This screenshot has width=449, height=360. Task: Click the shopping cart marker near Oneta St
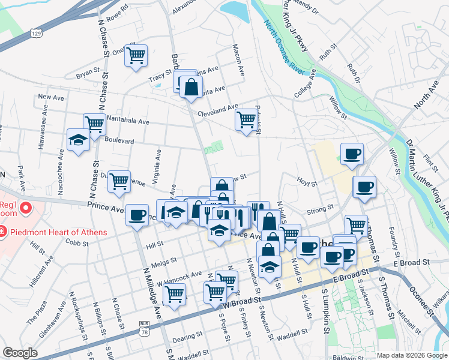(137, 56)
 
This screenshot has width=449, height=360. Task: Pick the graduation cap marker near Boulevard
(78, 140)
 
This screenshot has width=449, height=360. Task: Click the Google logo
(20, 353)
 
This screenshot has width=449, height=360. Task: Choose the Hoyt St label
(306, 179)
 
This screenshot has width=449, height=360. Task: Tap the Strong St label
(320, 209)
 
